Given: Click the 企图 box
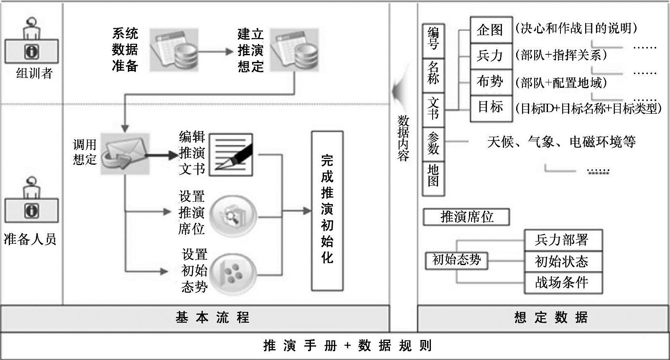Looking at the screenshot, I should [x=491, y=30].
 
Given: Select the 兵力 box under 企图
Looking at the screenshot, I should [x=491, y=56].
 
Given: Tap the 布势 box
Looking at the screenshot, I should [x=491, y=82].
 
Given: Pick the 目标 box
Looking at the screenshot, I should [x=491, y=108].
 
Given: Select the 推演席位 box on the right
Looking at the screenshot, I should [x=466, y=217].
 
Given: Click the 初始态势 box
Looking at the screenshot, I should [x=456, y=260].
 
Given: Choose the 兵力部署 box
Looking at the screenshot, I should [x=563, y=240].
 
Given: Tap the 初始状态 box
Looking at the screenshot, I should [x=563, y=261].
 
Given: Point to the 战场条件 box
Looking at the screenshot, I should [x=563, y=283].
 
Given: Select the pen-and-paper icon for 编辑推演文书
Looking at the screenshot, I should [x=231, y=154].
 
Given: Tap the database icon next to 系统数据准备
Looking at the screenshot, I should [x=173, y=49].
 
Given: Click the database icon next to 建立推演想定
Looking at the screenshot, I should [x=294, y=50].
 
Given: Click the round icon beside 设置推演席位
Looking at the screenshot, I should [x=233, y=217].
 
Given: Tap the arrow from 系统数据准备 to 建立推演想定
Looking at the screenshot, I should [x=215, y=51].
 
